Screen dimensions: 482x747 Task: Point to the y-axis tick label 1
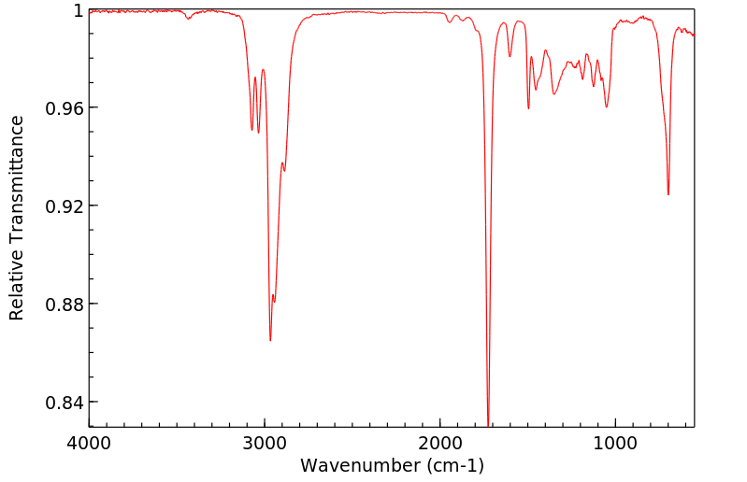click(x=79, y=10)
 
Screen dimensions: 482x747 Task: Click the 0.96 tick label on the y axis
click(x=65, y=108)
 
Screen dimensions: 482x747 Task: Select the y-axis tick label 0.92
click(x=65, y=206)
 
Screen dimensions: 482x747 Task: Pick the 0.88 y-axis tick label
click(x=65, y=305)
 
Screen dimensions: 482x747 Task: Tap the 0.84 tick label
click(x=65, y=403)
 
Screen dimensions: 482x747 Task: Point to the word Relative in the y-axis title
click(x=17, y=289)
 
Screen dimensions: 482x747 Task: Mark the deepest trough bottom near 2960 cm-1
click(x=270, y=340)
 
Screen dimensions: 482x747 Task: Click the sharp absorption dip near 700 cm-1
click(x=668, y=194)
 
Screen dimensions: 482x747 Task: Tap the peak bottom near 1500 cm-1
click(x=528, y=108)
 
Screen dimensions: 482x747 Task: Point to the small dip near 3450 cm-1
click(x=189, y=18)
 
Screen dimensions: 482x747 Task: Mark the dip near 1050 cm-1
click(x=607, y=106)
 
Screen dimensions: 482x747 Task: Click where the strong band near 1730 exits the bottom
click(x=488, y=426)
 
